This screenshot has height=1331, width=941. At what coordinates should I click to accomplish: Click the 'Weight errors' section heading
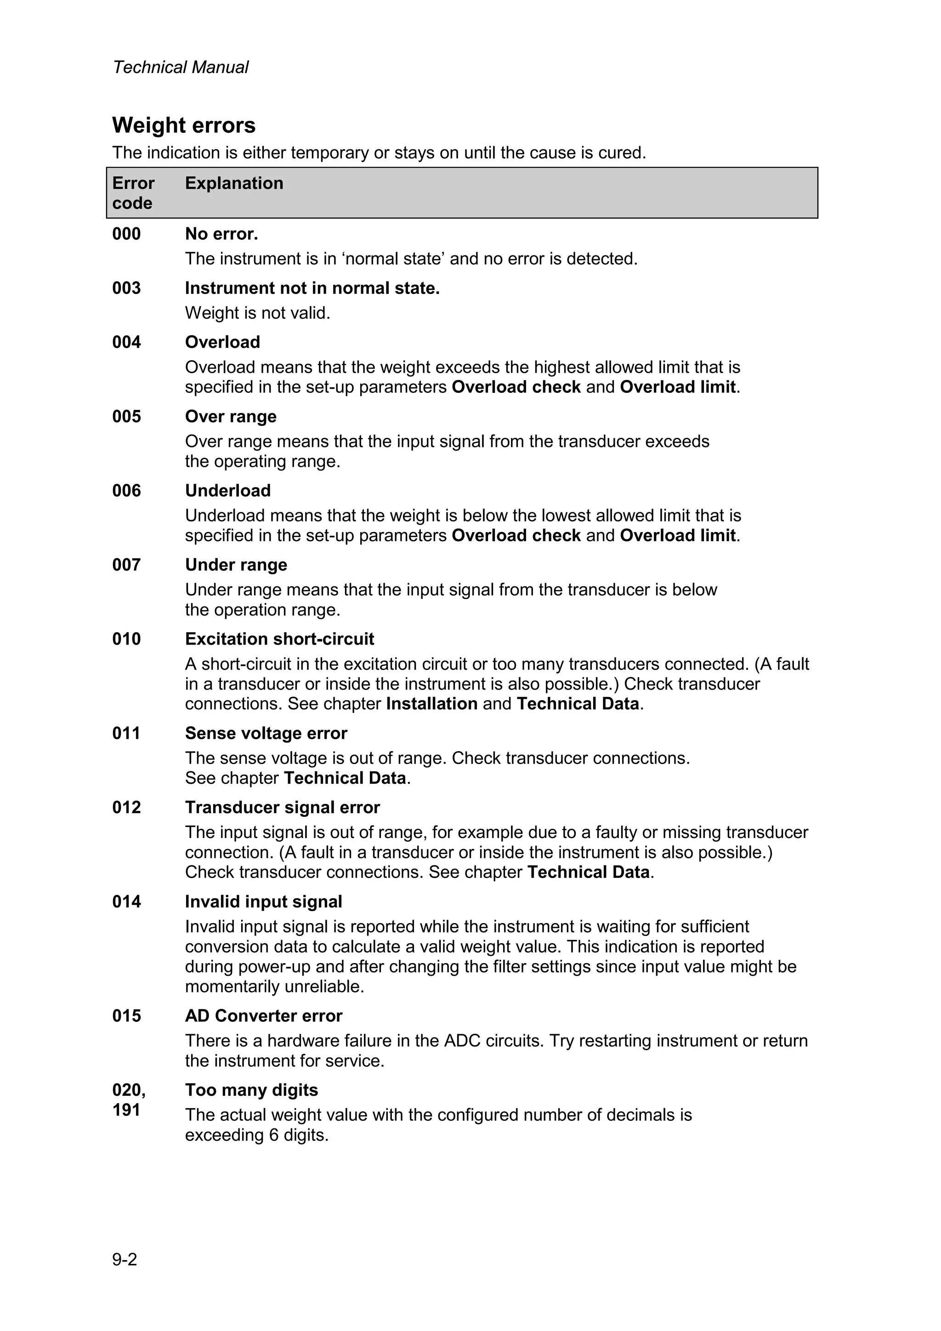(184, 126)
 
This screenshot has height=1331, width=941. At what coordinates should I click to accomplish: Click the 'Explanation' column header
(234, 183)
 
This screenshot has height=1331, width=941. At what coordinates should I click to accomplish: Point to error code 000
(126, 234)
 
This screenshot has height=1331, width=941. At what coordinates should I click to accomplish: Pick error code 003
(126, 288)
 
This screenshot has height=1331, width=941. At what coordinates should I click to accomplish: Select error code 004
(126, 342)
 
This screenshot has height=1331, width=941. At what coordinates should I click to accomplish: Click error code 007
(126, 565)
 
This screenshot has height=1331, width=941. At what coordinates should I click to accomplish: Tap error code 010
(126, 639)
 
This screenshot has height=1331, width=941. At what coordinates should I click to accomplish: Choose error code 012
(126, 808)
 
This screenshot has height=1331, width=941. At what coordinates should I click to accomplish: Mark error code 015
(126, 1016)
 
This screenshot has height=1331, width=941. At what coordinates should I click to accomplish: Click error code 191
(126, 1110)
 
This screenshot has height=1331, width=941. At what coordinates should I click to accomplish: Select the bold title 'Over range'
(231, 416)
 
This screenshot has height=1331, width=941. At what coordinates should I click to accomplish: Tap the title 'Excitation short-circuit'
(279, 639)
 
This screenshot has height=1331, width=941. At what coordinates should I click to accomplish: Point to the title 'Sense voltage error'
(266, 733)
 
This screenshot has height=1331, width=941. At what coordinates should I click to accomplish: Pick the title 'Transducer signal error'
(283, 808)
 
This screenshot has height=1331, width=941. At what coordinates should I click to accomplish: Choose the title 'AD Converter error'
(264, 1016)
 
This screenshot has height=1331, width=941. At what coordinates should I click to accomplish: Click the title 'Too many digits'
(252, 1090)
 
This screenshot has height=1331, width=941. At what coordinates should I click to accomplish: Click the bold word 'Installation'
(432, 704)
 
